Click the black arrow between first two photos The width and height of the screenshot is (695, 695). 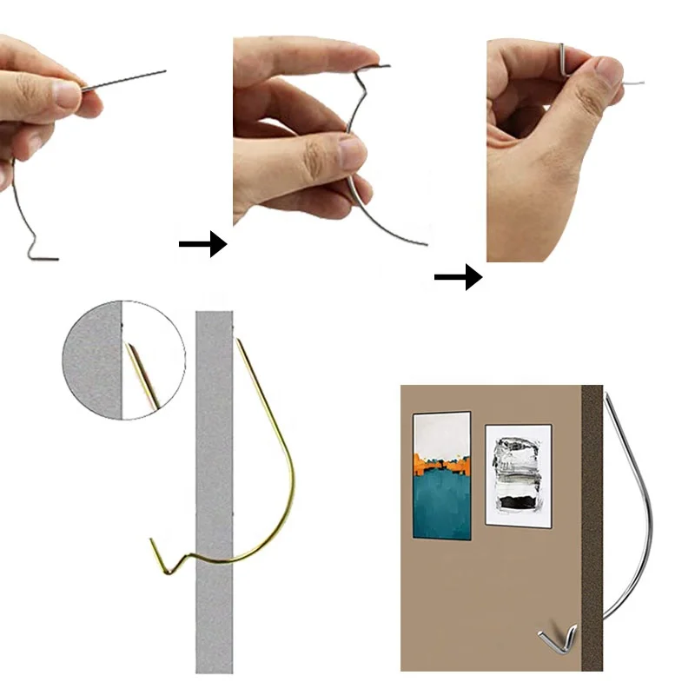202,245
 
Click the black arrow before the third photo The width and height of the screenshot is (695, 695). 458,278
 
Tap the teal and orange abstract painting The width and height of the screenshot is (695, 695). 441,475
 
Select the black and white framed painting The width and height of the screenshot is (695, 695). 518,474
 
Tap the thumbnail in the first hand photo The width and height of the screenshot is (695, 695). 67,93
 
